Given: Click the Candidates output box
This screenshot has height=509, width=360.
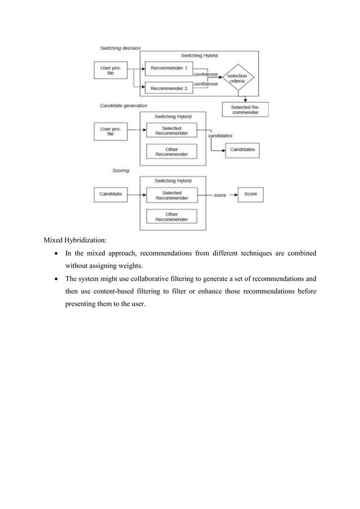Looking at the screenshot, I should point(242,150).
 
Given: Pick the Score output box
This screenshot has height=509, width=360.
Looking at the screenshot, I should point(250,195).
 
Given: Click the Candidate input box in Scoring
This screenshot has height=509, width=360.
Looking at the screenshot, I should point(110,195).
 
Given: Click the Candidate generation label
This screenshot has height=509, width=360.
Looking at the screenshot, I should point(124,106).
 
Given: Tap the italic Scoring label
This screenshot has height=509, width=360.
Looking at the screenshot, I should point(120,170).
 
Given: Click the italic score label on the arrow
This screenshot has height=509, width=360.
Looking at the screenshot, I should point(219,195).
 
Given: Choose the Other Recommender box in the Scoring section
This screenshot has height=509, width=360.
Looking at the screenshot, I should point(172,216).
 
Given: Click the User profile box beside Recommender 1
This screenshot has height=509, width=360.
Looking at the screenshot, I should point(110,70).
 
